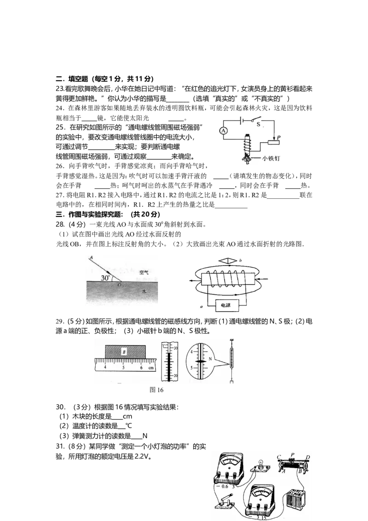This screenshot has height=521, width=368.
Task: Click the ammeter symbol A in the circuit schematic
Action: (224, 131)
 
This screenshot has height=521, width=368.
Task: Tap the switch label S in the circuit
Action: (259, 125)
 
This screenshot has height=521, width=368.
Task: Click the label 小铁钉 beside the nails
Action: (270, 158)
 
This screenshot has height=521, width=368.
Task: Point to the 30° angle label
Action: (105, 278)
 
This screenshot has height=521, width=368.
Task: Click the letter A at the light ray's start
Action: (91, 258)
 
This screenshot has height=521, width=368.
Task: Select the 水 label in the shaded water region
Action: (144, 291)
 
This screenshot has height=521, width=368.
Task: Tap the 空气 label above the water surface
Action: (144, 272)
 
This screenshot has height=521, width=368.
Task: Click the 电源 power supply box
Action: (226, 305)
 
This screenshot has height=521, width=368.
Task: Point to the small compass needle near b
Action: (228, 261)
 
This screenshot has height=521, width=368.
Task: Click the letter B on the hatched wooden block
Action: (124, 352)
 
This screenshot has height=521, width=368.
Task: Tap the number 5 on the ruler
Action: (123, 368)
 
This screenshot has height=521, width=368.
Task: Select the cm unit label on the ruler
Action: (151, 368)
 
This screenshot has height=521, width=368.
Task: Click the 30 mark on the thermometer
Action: (176, 348)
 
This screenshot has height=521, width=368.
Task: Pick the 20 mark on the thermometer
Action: (176, 376)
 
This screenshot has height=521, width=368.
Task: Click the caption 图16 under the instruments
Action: (156, 390)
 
